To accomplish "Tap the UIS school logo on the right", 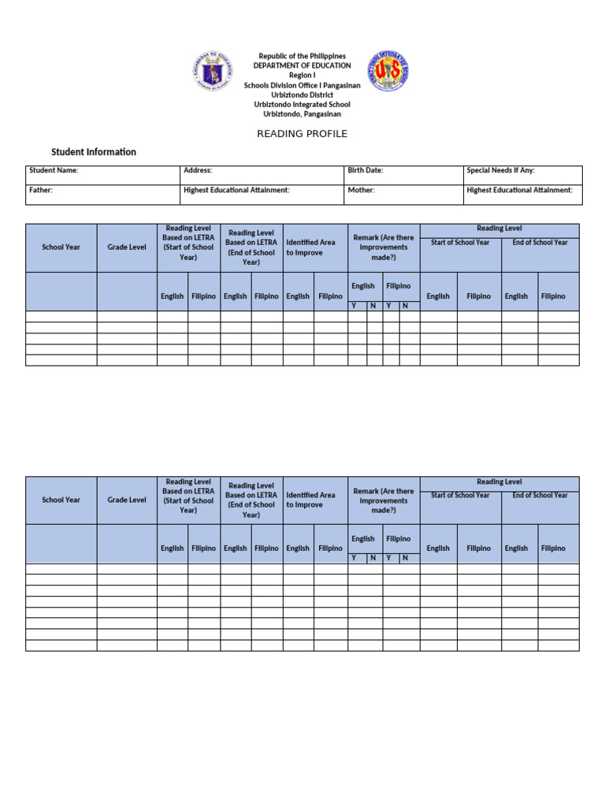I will click(x=388, y=72).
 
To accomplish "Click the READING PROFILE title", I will click(x=302, y=134).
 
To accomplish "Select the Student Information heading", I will click(x=94, y=152).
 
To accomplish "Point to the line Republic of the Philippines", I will click(x=302, y=57).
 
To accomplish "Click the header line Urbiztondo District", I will click(x=302, y=95).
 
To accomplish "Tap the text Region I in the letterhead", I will click(x=302, y=76).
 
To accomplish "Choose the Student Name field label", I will click(x=54, y=170).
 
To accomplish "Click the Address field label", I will click(x=198, y=170).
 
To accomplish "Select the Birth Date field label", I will click(x=366, y=170).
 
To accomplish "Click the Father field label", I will click(x=41, y=190).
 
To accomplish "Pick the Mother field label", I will click(x=361, y=190).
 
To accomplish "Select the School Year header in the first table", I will click(x=61, y=247).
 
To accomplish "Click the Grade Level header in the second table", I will click(x=127, y=500).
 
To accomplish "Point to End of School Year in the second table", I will click(x=540, y=496).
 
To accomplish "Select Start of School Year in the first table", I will click(x=460, y=243).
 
